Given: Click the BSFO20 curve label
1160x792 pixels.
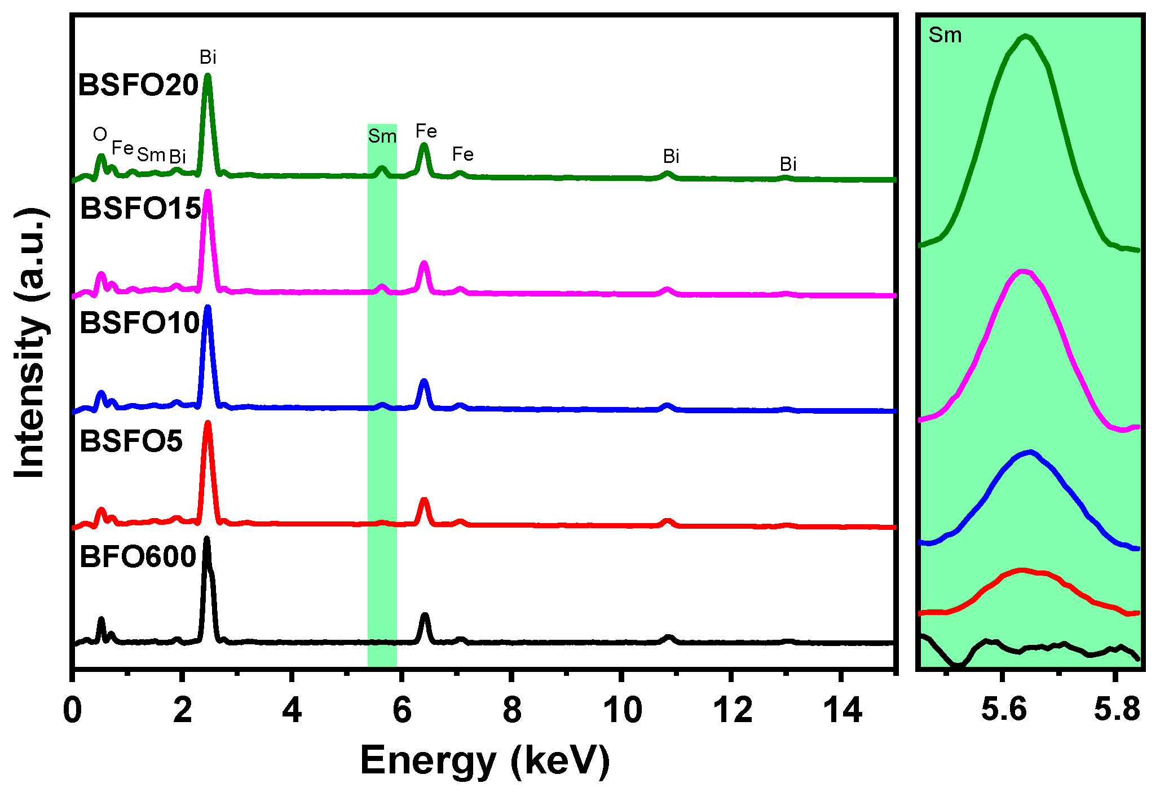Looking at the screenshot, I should (138, 86).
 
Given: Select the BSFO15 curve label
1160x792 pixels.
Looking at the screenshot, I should (140, 209).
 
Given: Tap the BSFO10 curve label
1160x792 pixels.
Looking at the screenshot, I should (140, 324).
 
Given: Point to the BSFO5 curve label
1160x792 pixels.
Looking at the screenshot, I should (131, 441).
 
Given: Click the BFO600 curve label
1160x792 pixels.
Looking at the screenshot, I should (138, 557).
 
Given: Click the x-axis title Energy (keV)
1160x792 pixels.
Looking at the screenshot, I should (485, 761).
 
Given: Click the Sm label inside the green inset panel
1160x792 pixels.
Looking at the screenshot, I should (945, 36).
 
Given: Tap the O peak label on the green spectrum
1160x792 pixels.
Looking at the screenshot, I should (100, 134).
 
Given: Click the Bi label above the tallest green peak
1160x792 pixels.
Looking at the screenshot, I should (208, 57).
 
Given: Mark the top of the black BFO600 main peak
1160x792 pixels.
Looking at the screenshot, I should (206, 539).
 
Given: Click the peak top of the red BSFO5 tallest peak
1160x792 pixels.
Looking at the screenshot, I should (208, 423).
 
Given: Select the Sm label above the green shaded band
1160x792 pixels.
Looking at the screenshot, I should (382, 136).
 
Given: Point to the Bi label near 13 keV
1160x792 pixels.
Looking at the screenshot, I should (788, 164).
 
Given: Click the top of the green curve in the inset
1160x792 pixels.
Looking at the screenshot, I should (1025, 37).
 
